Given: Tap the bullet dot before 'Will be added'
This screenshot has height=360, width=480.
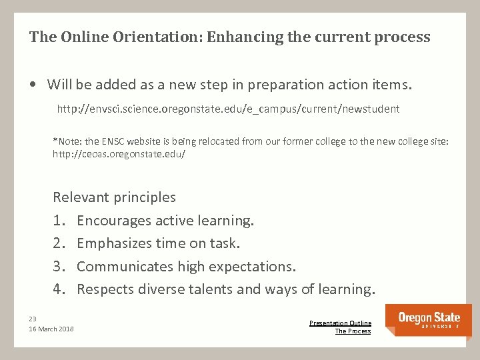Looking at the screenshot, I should (33, 85).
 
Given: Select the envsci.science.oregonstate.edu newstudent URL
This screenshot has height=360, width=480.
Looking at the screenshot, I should (228, 109).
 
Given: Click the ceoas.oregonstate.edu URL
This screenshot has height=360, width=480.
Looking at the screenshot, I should (119, 154).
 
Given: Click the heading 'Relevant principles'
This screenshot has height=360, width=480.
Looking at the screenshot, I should (114, 197).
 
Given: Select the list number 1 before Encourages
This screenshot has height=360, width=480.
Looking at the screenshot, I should (58, 221).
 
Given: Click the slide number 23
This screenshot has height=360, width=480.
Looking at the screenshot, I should (33, 318).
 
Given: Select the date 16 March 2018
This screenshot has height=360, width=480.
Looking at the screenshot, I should (51, 329).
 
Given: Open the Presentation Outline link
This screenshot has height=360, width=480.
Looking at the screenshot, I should (340, 323).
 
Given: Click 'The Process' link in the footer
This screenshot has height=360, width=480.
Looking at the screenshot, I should (353, 331).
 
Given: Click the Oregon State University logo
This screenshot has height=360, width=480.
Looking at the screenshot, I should (429, 320).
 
